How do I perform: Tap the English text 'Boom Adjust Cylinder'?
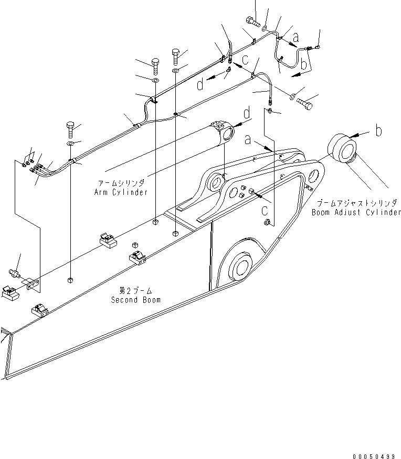click(x=356, y=213)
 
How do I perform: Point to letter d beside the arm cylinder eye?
click(x=246, y=113)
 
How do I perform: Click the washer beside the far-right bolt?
click(x=292, y=96)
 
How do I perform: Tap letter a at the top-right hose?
click(x=297, y=38)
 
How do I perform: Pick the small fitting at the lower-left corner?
click(x=15, y=274)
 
